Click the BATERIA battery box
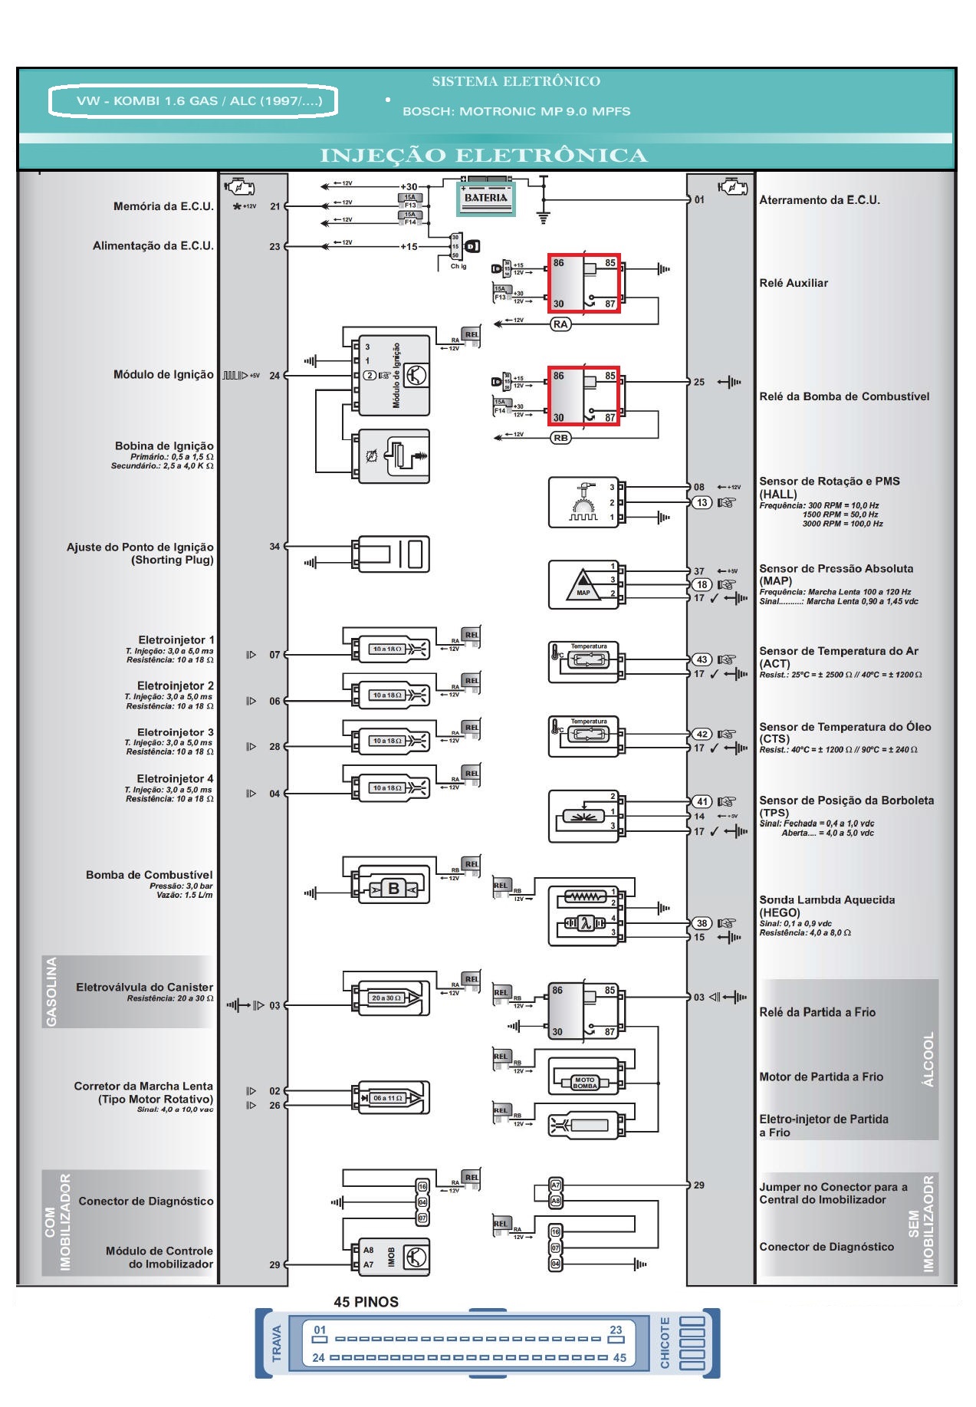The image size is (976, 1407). coord(486,198)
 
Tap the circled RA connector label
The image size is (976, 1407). coord(560,324)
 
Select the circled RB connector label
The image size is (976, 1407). coord(560,438)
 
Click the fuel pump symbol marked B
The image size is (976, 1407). coord(393,889)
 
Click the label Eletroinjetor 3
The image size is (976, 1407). coord(176,732)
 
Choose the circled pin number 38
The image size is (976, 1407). coord(702,923)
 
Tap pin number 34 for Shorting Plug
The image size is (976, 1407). coord(274,547)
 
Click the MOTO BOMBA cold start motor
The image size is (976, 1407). coord(584,1083)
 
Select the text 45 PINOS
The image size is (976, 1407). coord(366,1302)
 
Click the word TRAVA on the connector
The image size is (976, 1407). coord(277,1343)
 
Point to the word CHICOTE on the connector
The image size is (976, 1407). coord(665,1343)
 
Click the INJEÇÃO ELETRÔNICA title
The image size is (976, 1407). coord(483,156)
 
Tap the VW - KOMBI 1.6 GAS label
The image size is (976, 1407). coord(192,101)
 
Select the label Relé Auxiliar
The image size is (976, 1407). coord(794,283)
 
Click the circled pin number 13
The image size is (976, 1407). coord(702,502)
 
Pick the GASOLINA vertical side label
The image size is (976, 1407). coord(52,991)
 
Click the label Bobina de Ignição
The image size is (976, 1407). coord(164,445)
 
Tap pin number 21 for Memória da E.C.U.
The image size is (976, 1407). coord(274,206)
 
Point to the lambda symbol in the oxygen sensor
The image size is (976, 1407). coord(584,923)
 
